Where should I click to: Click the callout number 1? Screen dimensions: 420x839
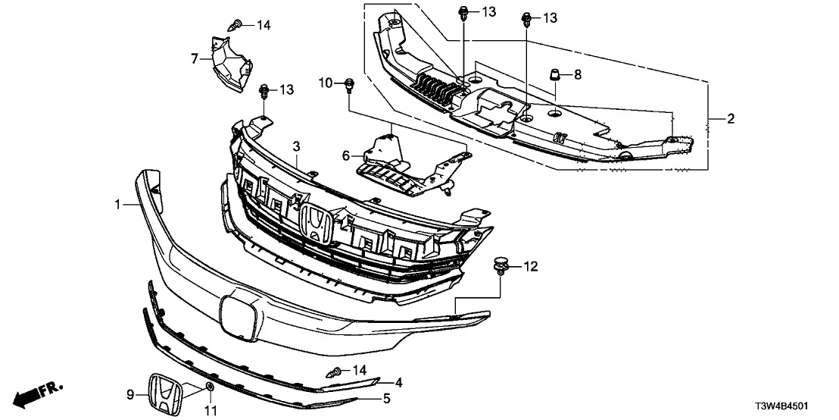pos(118,205)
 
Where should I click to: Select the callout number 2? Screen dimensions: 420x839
pos(730,118)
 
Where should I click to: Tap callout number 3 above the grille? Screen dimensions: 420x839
pos(298,145)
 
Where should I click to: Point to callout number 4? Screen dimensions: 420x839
pos(398,383)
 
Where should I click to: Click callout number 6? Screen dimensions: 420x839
pos(346,155)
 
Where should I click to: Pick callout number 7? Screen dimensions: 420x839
pos(195,58)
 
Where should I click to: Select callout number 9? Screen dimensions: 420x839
pos(129,393)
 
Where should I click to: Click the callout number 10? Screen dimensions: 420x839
pos(325,82)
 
